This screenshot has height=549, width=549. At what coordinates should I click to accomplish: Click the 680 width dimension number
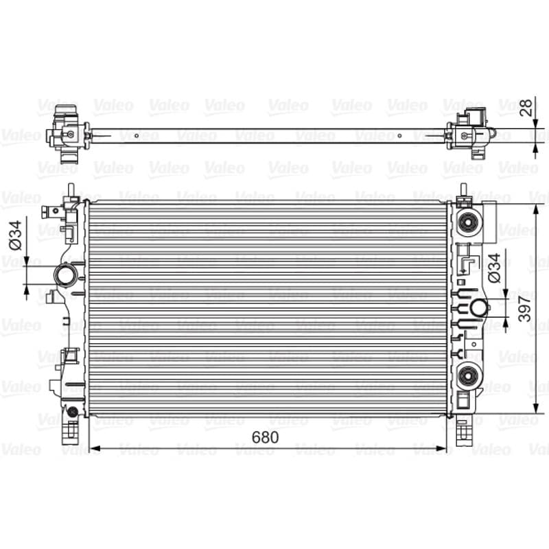click(265, 437)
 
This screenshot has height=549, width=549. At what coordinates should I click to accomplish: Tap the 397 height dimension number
click(525, 308)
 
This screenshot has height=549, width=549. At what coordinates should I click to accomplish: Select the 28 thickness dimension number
click(526, 108)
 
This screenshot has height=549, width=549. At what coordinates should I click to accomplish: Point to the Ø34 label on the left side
click(16, 235)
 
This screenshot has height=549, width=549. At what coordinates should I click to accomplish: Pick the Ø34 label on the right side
click(494, 268)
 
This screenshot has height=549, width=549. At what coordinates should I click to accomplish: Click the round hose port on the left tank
click(65, 275)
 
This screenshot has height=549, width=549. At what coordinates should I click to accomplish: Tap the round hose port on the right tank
click(478, 308)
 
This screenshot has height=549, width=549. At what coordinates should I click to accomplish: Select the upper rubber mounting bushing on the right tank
click(468, 222)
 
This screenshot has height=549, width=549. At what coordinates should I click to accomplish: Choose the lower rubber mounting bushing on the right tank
click(468, 376)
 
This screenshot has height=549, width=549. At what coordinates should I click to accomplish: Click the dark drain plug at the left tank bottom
click(73, 412)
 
